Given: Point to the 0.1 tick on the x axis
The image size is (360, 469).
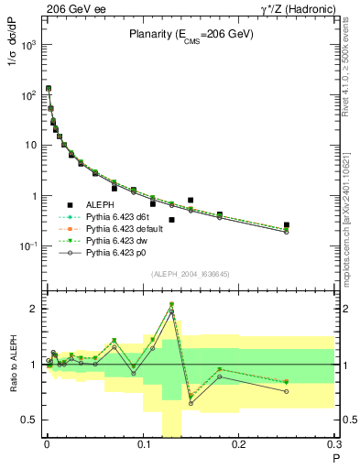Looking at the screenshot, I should (142, 446).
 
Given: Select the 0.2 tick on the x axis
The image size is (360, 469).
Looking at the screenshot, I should (238, 446).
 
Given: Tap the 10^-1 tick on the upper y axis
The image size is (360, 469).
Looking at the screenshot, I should (29, 246).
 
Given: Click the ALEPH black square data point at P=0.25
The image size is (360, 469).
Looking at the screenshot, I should (287, 224).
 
